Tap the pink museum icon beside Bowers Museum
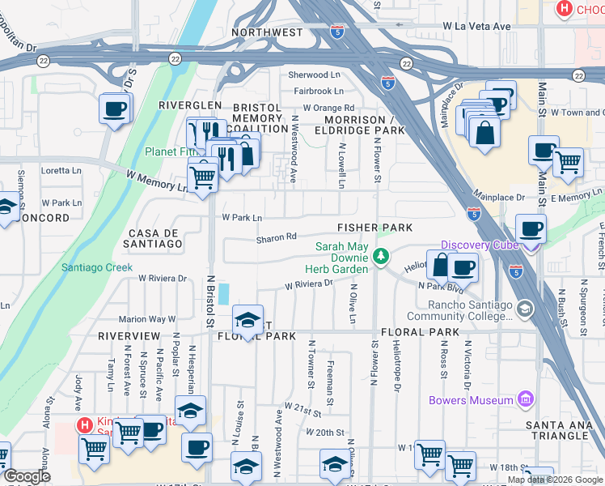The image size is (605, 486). click(527, 399)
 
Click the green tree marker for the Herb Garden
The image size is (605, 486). click(381, 258)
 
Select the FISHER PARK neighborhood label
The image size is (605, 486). click(375, 228)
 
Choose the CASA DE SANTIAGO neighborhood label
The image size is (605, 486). click(154, 237)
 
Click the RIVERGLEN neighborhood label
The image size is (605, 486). click(189, 106)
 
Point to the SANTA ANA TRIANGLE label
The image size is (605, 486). click(556, 430)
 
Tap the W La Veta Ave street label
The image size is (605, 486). click(476, 27)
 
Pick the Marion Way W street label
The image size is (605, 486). click(147, 319)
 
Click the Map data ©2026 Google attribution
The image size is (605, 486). click(554, 480)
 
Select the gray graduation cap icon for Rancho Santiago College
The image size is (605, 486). click(524, 309)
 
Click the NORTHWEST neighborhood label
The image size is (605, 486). click(267, 33)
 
